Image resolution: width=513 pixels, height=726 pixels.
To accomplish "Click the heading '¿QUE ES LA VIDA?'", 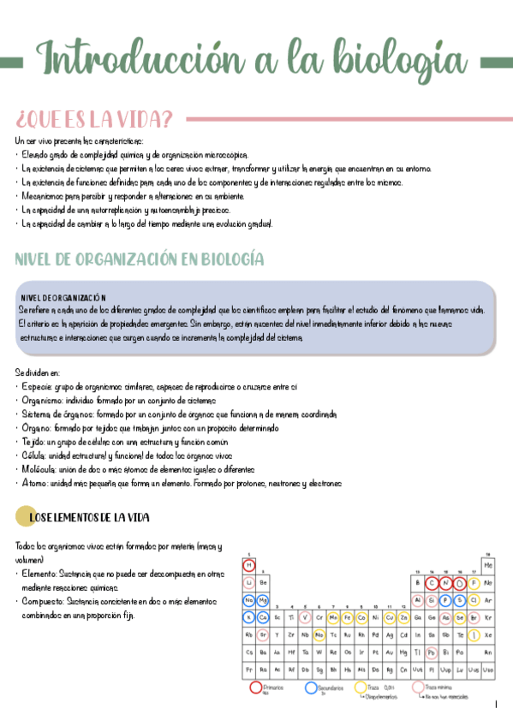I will coord(94,117).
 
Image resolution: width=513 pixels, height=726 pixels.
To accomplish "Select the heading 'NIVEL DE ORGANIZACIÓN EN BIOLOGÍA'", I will coord(140,259).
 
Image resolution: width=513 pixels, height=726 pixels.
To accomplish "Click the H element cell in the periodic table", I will coord(249,565).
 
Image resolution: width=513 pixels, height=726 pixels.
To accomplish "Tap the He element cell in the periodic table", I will coord(488,565).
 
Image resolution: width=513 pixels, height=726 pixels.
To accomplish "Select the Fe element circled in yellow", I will coord(348,617).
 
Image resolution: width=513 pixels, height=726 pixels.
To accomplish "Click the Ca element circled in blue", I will coord(264,617).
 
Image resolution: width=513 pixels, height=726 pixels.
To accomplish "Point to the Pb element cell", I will coord(431,652).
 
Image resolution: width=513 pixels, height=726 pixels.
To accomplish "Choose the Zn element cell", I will coord(403,617).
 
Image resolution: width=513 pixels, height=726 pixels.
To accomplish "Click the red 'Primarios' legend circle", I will coord(254,687).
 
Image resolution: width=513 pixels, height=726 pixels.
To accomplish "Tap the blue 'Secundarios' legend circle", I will coord(311,687).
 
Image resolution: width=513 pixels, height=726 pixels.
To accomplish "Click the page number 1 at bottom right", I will coord(497,705).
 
